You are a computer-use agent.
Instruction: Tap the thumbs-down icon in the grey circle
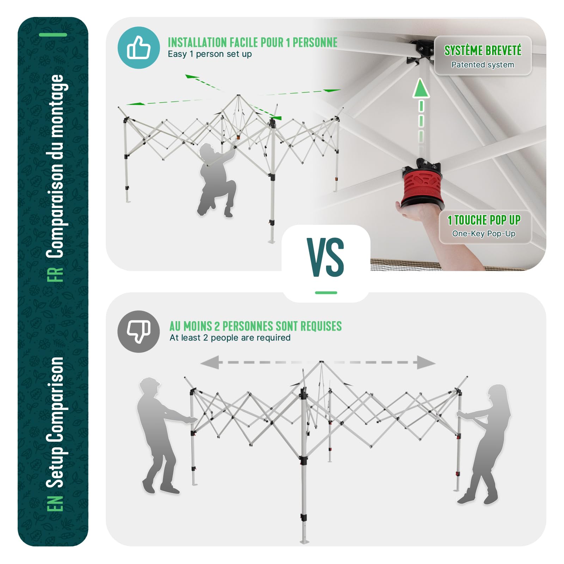pos(139,331)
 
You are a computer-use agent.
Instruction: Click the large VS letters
pos(325,257)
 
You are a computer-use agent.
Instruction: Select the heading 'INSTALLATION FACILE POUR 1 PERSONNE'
pos(252,42)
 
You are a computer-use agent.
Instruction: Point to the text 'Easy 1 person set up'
pos(210,54)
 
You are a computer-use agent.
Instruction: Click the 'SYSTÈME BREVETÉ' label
pos(483,51)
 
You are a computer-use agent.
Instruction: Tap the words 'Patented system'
pos(483,65)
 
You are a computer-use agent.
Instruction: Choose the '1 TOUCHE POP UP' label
pos(484,220)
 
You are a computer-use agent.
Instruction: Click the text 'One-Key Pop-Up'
pos(484,234)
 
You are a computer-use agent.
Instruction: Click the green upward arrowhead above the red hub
pos(421,88)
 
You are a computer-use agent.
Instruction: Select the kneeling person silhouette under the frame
pos(217,180)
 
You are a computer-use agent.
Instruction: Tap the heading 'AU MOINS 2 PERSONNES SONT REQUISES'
pos(256,326)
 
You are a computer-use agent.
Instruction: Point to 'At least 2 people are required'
pos(230,338)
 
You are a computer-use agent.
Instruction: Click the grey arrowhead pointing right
pos(426,362)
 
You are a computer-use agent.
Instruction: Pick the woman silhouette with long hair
pos(484,444)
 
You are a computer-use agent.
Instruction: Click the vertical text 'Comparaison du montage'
pos(55,166)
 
